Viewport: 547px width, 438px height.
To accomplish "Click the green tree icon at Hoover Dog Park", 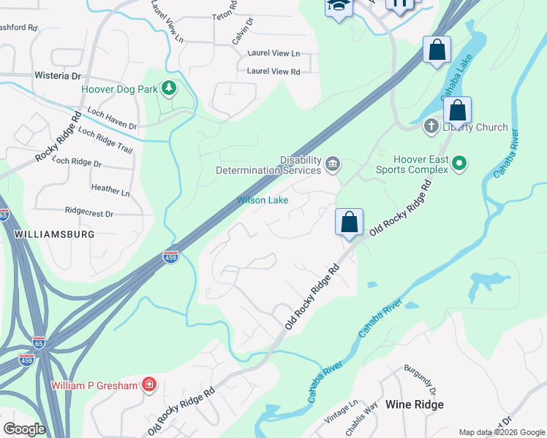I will pos(169,88).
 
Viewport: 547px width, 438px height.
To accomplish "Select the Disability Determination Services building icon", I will pos(333,163).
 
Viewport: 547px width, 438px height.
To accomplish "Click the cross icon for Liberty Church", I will pos(431,127).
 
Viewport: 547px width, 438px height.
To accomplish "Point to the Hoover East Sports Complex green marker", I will pos(459,164).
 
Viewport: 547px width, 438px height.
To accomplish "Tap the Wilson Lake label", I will pos(263,200).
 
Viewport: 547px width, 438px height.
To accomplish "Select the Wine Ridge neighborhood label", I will pos(415,404).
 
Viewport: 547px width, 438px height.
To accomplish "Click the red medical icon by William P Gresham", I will pos(149,385).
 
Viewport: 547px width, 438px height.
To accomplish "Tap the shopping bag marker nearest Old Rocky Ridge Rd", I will pos(350,222).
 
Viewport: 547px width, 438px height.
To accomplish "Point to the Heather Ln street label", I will pos(110,189).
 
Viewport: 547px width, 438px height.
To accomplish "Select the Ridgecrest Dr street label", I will pos(89,214).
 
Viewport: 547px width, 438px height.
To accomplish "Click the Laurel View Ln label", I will pos(273,53).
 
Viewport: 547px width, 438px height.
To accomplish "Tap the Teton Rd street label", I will pos(225,11).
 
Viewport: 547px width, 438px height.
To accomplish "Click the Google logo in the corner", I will pos(24,429).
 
